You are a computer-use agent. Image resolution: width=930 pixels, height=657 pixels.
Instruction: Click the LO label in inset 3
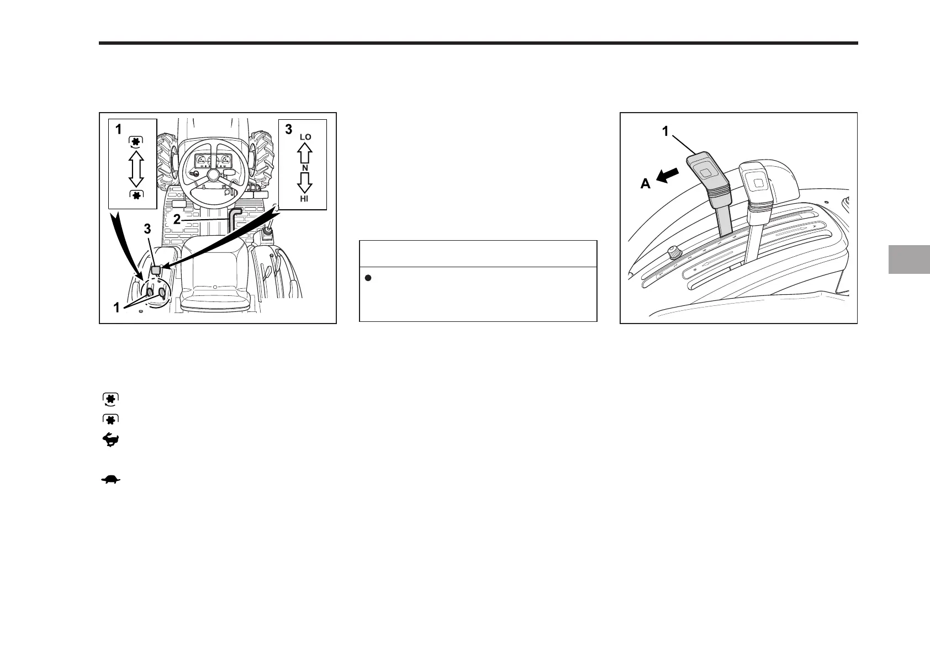coord(305,137)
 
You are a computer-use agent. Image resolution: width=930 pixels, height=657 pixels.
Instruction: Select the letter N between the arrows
coord(304,167)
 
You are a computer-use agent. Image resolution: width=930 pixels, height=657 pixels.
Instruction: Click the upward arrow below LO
coord(305,152)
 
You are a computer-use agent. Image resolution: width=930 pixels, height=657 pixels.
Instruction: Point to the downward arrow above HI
coord(305,182)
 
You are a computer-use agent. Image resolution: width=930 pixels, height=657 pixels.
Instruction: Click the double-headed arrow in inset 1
coord(136,169)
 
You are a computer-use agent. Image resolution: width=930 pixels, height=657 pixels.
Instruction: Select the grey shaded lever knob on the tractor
coord(156,269)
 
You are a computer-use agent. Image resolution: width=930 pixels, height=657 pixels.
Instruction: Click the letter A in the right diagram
coord(646,184)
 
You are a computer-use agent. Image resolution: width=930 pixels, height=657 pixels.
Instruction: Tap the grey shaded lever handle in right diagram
coord(707,174)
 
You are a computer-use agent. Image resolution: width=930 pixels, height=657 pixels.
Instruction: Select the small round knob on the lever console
coord(673,253)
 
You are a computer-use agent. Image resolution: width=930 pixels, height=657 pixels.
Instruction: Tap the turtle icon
coord(110,480)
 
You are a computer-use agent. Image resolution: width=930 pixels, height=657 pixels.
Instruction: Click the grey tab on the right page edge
coord(908,259)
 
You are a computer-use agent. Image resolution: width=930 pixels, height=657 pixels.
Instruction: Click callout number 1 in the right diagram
coord(665,132)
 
